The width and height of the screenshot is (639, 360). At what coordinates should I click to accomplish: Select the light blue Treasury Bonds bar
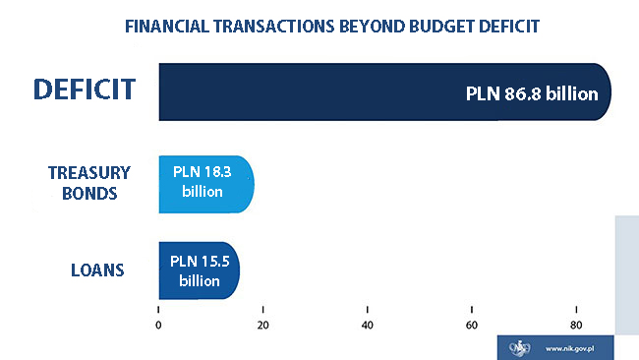206,184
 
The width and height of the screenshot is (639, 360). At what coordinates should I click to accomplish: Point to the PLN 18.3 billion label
206,181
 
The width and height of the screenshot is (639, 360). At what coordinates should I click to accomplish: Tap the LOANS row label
96,269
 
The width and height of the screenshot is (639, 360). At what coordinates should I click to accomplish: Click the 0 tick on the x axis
158,326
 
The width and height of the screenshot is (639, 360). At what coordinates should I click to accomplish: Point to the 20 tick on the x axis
262,326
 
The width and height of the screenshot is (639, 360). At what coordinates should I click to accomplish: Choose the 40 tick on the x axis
367,326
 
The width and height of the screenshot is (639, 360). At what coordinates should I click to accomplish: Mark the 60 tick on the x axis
471,326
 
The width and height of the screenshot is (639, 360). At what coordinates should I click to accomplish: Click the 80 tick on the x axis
575,326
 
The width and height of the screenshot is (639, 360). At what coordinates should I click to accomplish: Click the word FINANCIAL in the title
168,26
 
